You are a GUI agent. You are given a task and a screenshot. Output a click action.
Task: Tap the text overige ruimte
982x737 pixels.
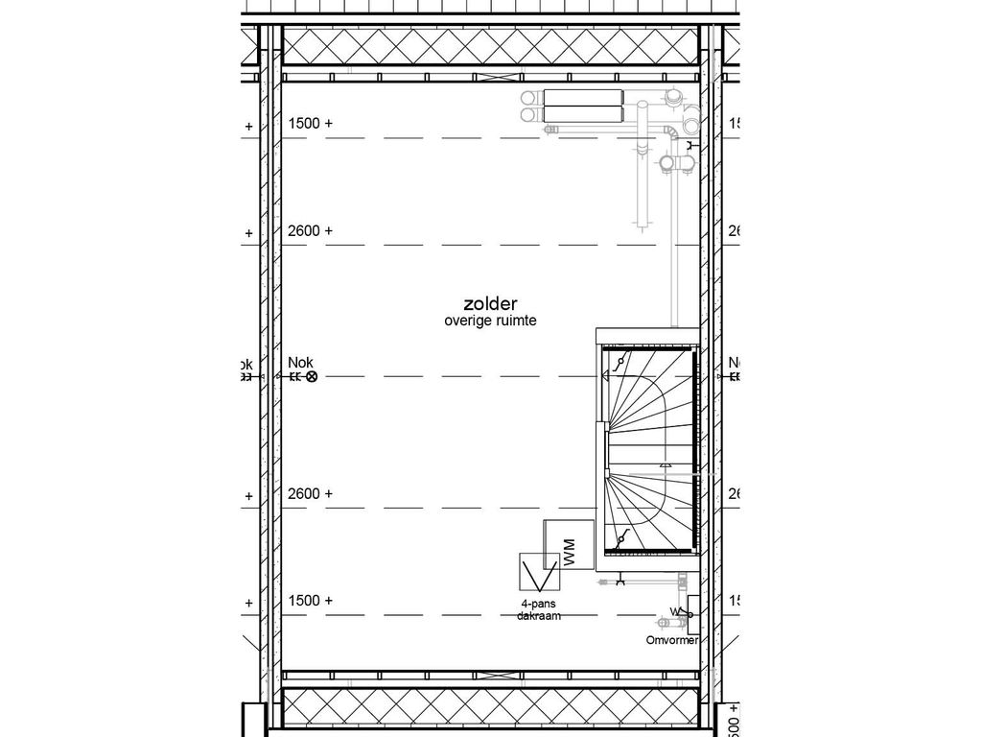coord(489,322)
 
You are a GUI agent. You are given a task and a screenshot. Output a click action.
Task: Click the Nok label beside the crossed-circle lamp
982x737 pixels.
coord(300,363)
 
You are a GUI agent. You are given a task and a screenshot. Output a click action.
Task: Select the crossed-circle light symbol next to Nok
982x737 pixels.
coord(311,377)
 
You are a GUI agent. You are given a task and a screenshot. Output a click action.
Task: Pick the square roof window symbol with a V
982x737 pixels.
coord(539,574)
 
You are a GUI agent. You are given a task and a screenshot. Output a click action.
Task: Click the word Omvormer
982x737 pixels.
coord(671,640)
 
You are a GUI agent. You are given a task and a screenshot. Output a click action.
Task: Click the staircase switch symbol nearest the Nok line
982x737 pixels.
coord(621,362)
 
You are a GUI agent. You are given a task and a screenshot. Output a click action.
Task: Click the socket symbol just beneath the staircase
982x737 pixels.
coord(621,580)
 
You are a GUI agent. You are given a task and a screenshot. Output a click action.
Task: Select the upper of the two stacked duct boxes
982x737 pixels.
coord(583,97)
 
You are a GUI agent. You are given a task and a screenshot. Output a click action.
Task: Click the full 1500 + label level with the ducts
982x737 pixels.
coord(310,124)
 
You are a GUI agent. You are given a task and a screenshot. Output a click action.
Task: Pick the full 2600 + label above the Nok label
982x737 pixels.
coord(310,230)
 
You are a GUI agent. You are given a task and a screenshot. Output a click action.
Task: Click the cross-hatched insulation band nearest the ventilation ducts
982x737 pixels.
coord(490,45)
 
